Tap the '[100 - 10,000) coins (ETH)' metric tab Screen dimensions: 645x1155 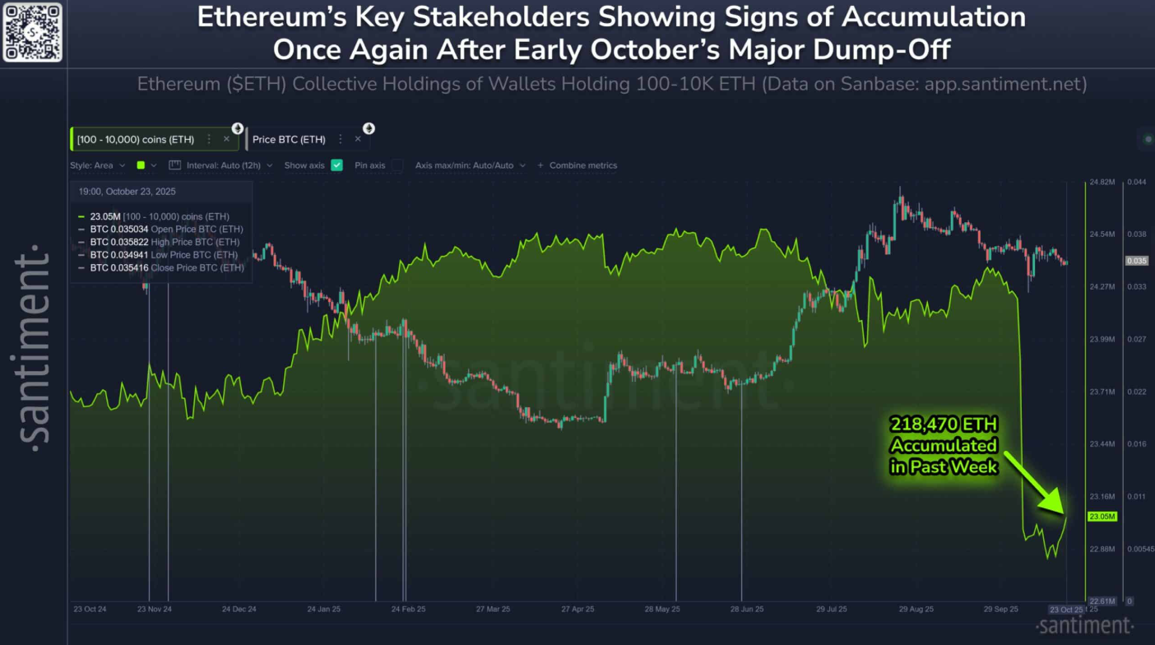coord(136,140)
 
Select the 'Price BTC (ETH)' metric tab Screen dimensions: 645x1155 coord(289,140)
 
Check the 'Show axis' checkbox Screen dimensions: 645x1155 coord(336,165)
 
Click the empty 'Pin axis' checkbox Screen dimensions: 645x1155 coord(397,165)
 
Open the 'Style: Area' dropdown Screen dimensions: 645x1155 coord(97,165)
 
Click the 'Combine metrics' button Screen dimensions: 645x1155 coord(577,165)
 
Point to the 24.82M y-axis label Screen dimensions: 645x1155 coord(1101,182)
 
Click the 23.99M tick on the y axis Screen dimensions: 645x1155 coord(1101,339)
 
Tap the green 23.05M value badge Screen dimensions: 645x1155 coord(1102,517)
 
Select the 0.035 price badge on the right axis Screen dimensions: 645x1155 coord(1136,261)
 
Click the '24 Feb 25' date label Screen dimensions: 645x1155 coord(408,610)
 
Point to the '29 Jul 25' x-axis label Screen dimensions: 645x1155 coord(832,610)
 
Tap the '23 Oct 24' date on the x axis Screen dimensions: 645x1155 coord(90,610)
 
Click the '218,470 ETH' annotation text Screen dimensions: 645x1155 coord(944,425)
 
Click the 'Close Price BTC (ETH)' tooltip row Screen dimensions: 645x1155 coord(166,268)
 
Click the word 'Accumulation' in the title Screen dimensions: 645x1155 coord(930,18)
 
